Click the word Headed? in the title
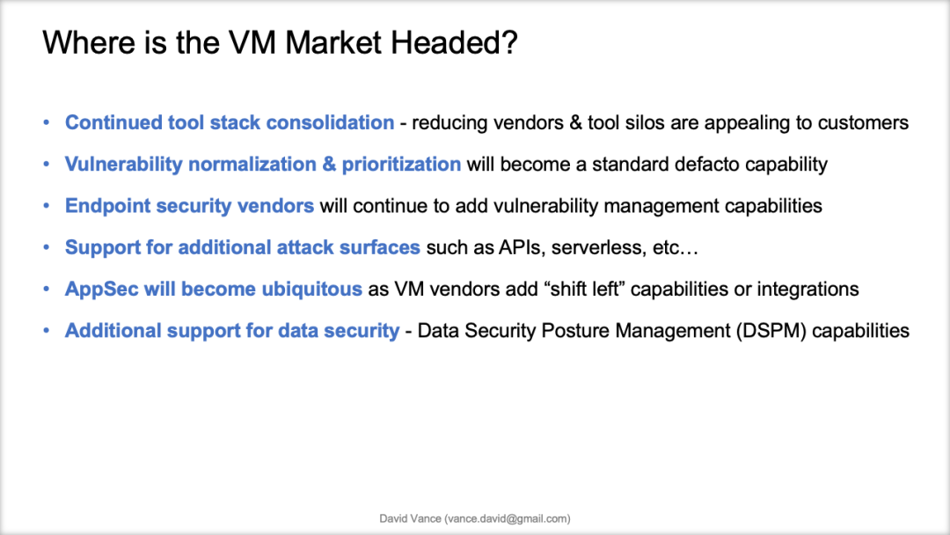click(454, 42)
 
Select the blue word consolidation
click(330, 122)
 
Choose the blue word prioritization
click(401, 165)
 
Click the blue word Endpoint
click(107, 206)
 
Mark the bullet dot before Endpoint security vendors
click(47, 206)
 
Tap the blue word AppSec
click(102, 289)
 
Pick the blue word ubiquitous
click(311, 289)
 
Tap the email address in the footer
click(508, 518)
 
